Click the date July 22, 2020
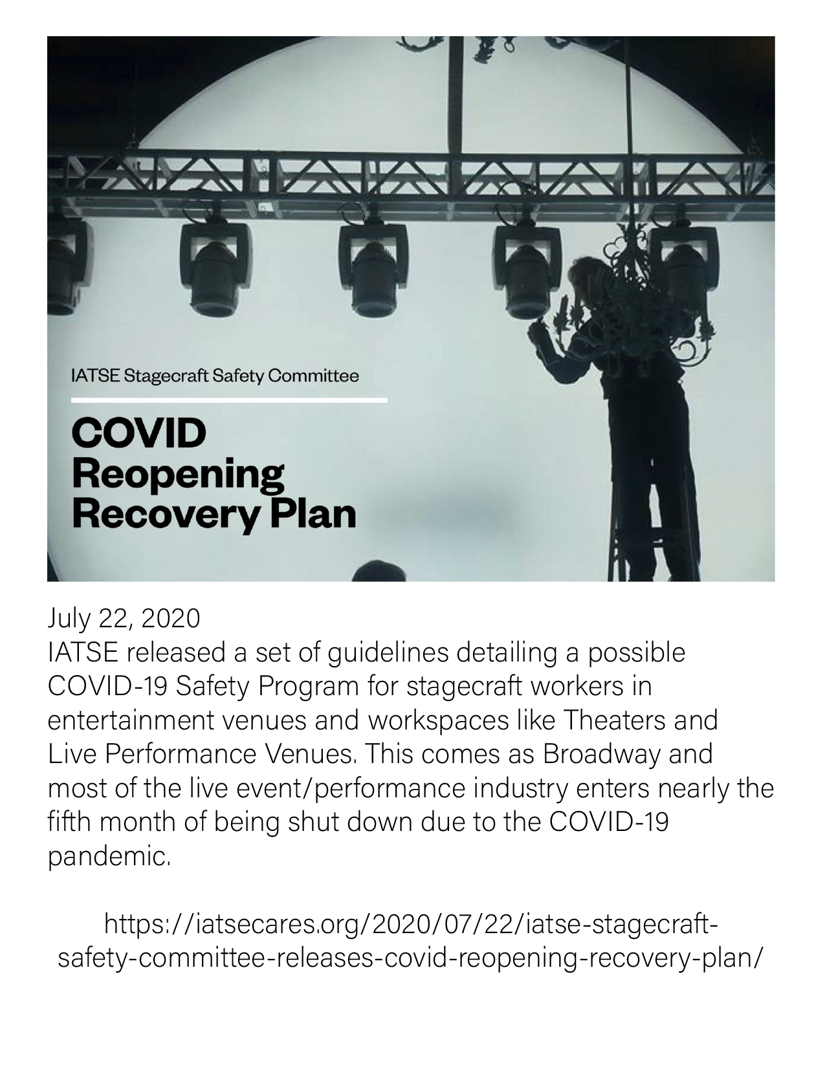tap(124, 619)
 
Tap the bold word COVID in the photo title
tap(138, 433)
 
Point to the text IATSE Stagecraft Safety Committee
tap(215, 376)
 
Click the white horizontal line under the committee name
tap(229, 400)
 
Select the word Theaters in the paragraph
tap(614, 720)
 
